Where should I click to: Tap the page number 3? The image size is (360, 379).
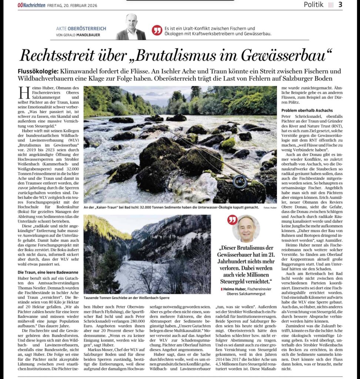pos(340,5)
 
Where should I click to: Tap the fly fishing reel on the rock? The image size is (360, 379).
pos(240,182)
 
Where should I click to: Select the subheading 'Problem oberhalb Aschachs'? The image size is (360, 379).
pos(307,111)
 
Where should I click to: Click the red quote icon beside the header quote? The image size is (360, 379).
pos(157,30)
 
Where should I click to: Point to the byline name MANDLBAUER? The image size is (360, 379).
pos(89,35)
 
